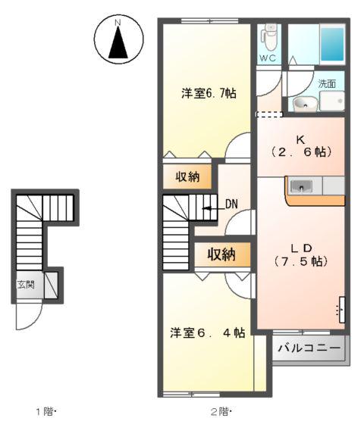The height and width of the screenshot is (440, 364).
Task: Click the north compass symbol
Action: coord(118,41)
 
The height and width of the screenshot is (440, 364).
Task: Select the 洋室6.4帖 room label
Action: coord(207,332)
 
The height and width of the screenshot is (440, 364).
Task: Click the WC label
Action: coord(268,58)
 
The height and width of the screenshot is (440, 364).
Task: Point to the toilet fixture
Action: coord(268,36)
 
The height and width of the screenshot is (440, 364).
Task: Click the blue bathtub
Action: coord(331,43)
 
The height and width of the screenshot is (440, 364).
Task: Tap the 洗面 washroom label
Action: coord(327,83)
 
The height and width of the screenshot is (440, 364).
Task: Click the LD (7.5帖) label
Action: coord(300,254)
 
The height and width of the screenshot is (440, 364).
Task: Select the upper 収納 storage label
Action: coord(187,177)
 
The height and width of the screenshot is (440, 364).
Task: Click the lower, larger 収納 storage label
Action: coord(221,254)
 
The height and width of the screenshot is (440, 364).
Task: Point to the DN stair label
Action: coord(232,203)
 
